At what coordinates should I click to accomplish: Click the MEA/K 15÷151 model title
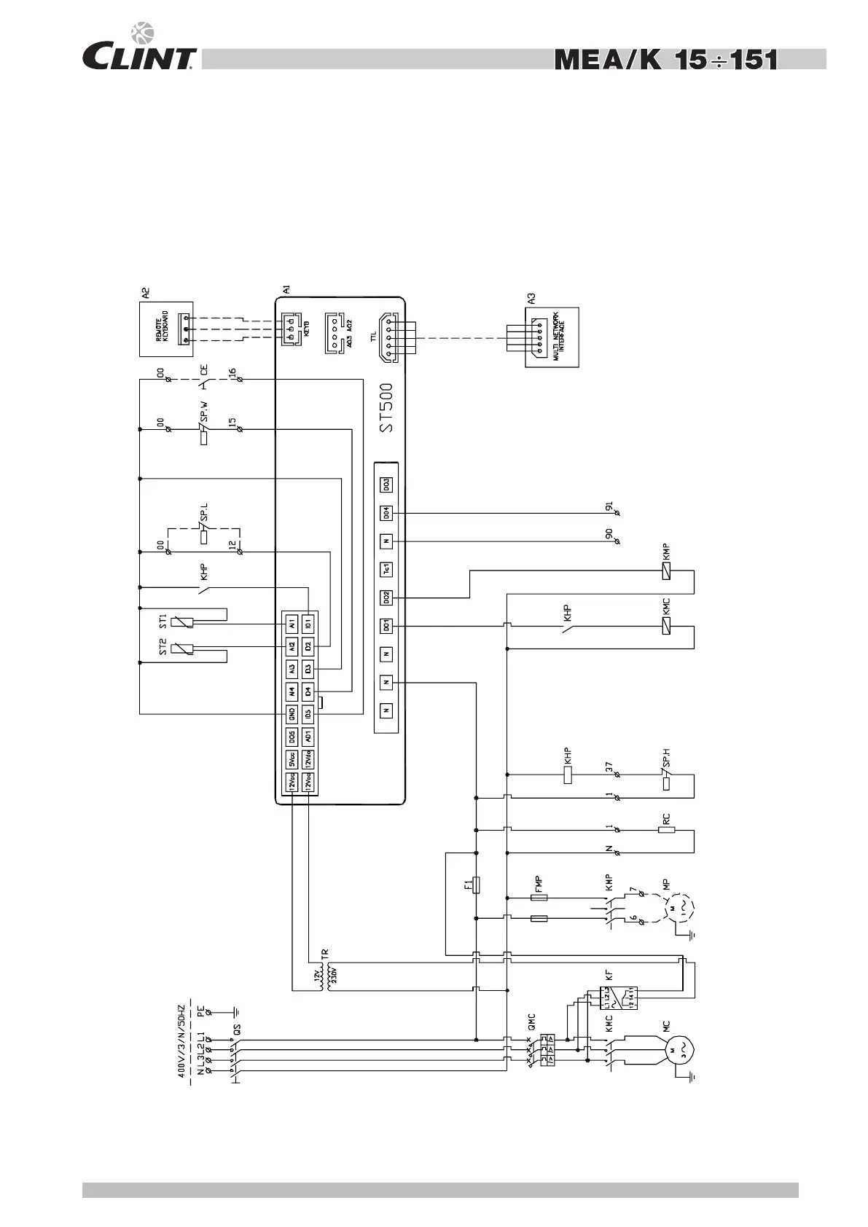666,60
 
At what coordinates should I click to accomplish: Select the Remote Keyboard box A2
166,329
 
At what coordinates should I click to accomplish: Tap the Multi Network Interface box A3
552,337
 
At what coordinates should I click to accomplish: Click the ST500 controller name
387,407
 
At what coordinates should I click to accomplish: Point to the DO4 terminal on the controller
386,513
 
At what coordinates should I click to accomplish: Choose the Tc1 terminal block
386,569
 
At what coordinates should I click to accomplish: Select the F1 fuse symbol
476,885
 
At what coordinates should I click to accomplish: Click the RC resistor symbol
666,829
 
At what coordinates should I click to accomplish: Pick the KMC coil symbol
666,625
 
